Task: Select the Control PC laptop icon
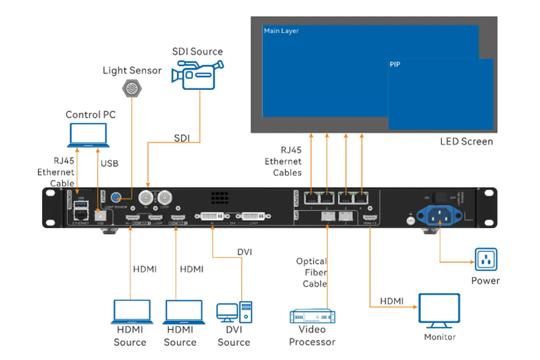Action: [x=88, y=135]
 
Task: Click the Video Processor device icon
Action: [x=312, y=316]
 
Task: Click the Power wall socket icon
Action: [x=486, y=260]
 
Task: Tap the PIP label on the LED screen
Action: [x=395, y=65]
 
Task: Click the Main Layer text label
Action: [x=281, y=31]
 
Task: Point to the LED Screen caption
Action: [x=466, y=142]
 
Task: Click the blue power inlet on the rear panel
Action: [x=439, y=215]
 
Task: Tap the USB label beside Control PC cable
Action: [x=109, y=163]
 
